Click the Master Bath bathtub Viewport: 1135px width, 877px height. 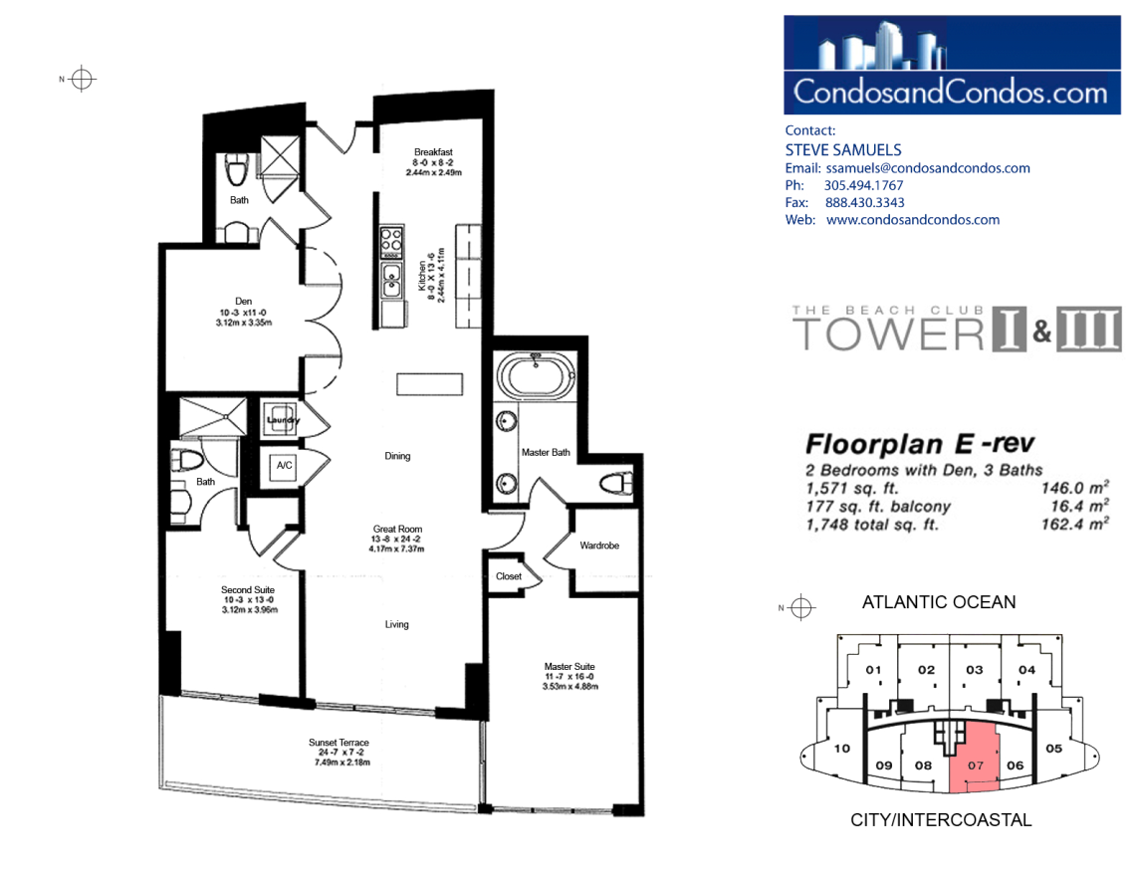(x=537, y=375)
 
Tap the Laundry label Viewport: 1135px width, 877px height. (x=283, y=420)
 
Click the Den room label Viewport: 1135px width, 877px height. (x=243, y=301)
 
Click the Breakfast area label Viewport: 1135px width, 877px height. (x=433, y=152)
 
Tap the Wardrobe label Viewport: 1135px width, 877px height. (x=599, y=546)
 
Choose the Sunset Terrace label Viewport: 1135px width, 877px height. (x=339, y=743)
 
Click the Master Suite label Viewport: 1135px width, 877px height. (x=569, y=666)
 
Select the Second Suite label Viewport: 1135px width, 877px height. (x=248, y=589)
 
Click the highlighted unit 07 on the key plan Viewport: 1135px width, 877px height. (x=975, y=760)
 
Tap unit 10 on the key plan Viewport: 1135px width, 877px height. (x=842, y=749)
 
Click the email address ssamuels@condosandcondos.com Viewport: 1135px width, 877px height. (x=928, y=168)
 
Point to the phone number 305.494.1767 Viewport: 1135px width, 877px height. (x=863, y=185)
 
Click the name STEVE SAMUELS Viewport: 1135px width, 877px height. (x=843, y=149)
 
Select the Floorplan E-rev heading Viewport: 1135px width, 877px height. (x=920, y=443)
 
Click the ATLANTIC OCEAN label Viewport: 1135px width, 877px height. (x=939, y=602)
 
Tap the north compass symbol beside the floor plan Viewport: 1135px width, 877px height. (x=82, y=79)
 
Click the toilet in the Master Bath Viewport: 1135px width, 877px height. (x=617, y=483)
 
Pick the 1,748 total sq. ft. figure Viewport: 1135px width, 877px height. (x=871, y=525)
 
